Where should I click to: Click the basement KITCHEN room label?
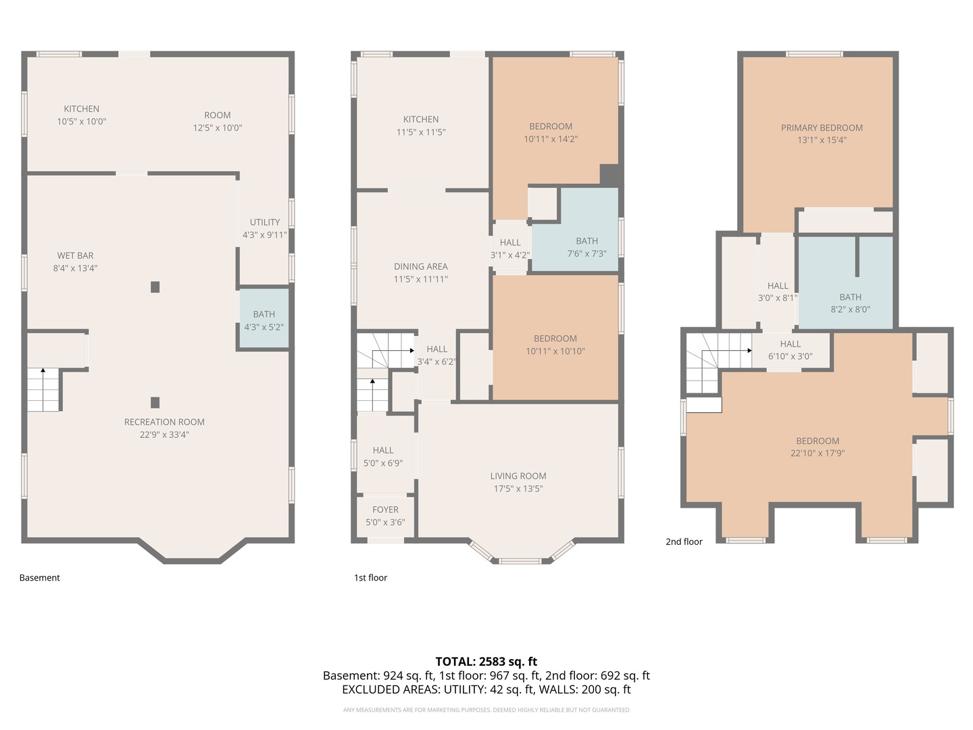pos(81,109)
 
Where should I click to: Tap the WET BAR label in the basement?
pos(75,255)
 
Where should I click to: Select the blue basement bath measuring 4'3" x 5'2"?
pos(264,320)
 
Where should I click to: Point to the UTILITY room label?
pos(264,222)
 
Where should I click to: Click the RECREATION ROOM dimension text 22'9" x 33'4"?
pos(164,435)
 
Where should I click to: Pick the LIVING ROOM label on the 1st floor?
pos(518,476)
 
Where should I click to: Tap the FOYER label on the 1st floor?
pos(385,510)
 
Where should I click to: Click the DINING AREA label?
pos(420,266)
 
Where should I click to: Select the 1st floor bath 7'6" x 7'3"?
pos(587,247)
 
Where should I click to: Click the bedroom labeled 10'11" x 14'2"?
pos(551,132)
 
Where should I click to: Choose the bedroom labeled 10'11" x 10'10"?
pos(555,345)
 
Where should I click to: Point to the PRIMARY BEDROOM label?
pos(822,128)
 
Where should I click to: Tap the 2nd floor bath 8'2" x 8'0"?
pos(850,303)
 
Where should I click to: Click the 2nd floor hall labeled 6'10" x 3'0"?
pos(790,350)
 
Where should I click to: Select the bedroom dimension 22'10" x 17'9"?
pos(818,454)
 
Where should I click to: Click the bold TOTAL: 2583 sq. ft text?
pos(486,661)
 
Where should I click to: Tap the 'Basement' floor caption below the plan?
pos(39,578)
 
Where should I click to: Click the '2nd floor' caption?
pos(684,541)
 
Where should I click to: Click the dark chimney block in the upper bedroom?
pos(609,174)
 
